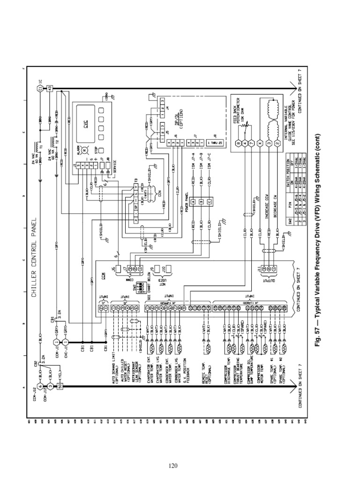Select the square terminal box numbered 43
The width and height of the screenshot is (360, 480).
point(51,88)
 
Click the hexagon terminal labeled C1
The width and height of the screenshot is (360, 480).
point(40,88)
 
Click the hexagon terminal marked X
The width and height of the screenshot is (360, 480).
point(259,143)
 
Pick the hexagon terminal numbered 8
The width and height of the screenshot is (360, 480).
point(238,143)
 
